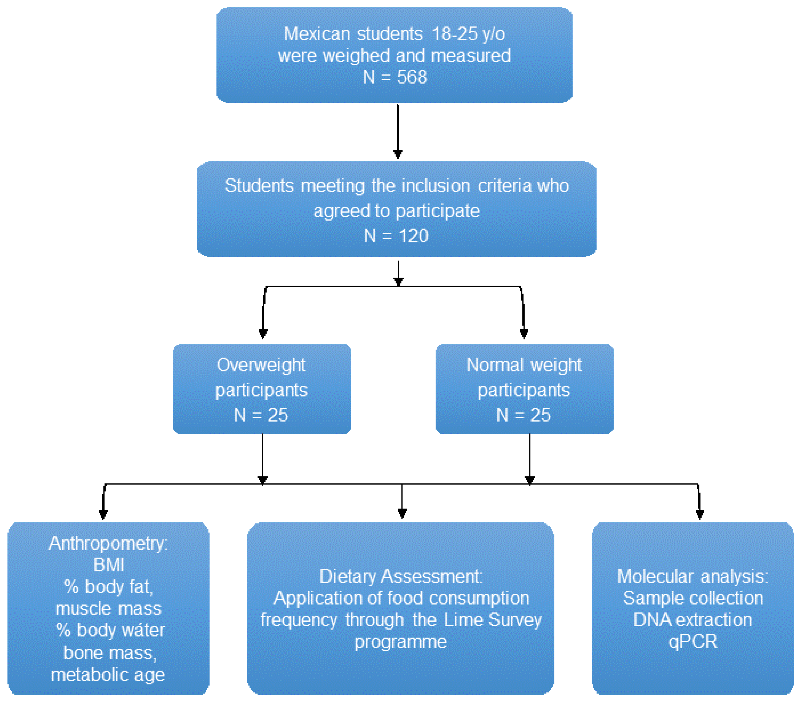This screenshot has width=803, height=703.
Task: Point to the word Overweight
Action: (261, 365)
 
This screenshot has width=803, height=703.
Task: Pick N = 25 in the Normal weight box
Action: (524, 415)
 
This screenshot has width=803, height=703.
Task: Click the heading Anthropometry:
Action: (108, 543)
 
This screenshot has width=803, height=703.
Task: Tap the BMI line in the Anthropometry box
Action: (109, 565)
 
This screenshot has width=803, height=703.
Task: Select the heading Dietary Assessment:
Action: (401, 576)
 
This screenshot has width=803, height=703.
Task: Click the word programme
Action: (400, 642)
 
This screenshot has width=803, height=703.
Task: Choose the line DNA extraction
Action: (693, 620)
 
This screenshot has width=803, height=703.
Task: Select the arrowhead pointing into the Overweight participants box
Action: (263, 333)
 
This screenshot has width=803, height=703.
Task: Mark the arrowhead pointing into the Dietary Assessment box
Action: (402, 513)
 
